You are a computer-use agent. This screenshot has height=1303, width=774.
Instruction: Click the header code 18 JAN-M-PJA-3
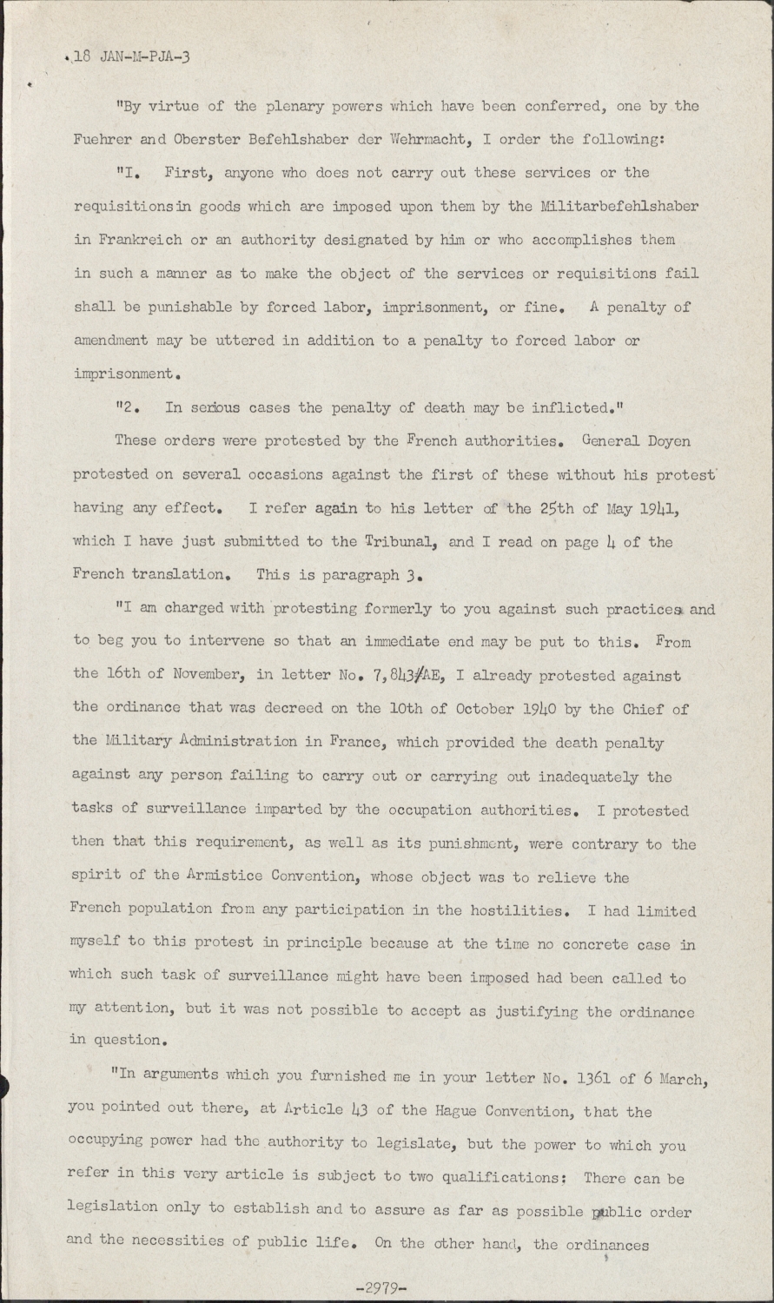click(128, 57)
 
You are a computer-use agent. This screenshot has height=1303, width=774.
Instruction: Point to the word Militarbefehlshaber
click(619, 206)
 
